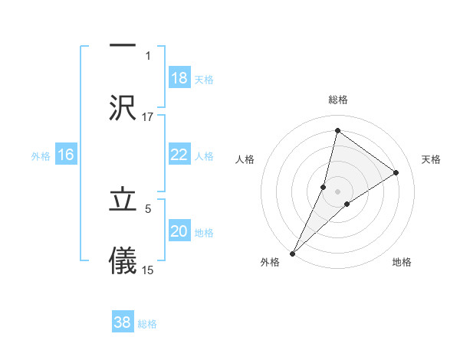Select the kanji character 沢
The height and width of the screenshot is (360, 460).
coord(123,106)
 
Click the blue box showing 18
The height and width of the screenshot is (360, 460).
coord(179,78)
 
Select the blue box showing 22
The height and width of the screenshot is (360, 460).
coord(179,154)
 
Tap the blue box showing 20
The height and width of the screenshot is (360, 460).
coord(179,231)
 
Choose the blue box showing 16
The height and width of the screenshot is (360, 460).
coord(66,155)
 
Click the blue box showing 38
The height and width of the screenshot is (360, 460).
coord(123,322)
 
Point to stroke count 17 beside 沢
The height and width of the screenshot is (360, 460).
coord(148,116)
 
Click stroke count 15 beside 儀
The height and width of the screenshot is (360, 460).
coord(148,270)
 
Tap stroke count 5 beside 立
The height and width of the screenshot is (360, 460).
coord(148,208)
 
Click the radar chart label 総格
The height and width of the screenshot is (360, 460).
coord(337,100)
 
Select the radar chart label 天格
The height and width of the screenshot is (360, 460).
coord(432,159)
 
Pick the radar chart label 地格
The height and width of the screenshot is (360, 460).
coord(402,262)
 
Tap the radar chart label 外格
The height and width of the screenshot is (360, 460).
coord(270,262)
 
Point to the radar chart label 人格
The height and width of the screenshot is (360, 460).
coord(245,159)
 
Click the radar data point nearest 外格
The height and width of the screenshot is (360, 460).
coord(293,253)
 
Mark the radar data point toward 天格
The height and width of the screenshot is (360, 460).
coord(396,172)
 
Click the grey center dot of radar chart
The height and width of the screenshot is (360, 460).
coord(337,191)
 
